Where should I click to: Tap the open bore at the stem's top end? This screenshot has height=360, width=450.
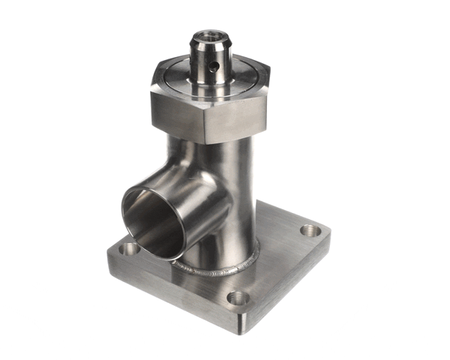tap(209, 34)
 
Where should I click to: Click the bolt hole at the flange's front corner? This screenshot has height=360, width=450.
tap(238, 297)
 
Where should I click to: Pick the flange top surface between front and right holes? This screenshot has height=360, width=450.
tap(277, 259)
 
